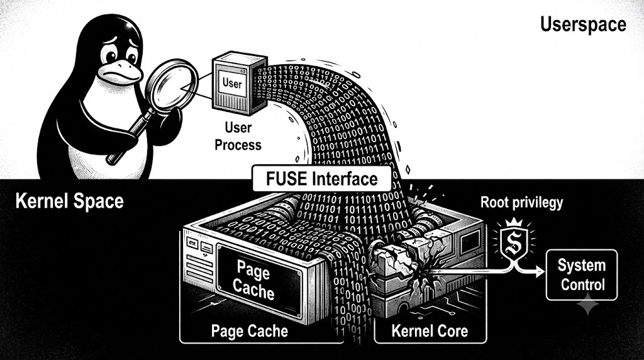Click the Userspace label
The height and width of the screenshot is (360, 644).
click(x=583, y=25)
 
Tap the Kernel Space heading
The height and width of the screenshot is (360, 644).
click(x=69, y=201)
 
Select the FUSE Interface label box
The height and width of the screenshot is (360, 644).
click(x=321, y=178)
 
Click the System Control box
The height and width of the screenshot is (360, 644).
click(x=582, y=275)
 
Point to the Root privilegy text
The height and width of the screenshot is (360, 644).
click(x=521, y=202)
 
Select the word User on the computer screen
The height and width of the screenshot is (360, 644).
click(x=232, y=83)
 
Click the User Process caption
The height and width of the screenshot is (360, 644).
click(x=238, y=136)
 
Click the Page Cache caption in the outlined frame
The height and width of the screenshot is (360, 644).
click(x=249, y=331)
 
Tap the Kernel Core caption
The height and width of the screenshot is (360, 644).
click(x=430, y=331)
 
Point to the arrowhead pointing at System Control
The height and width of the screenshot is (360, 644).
click(x=540, y=272)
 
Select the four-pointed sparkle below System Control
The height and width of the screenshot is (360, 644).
click(x=588, y=304)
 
